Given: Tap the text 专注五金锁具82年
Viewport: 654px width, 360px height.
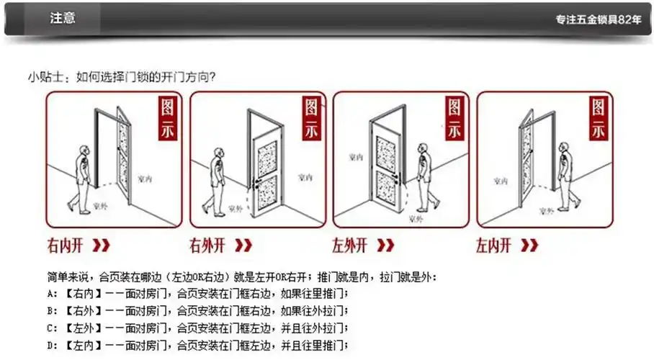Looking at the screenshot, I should click(x=598, y=20).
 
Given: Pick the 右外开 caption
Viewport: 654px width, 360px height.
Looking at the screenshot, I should click(x=208, y=246).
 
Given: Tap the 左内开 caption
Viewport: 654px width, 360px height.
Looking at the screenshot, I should click(x=493, y=246).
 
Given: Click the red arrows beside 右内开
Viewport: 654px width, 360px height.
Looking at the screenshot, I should click(x=102, y=246).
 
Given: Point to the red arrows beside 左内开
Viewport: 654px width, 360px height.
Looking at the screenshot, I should click(x=529, y=246).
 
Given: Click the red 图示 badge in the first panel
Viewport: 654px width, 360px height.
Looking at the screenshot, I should click(x=169, y=120).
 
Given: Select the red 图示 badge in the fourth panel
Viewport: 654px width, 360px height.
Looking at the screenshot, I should click(x=599, y=120).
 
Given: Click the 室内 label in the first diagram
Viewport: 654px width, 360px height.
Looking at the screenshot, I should click(x=144, y=178).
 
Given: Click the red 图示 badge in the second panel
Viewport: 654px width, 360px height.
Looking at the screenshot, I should click(x=312, y=120).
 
